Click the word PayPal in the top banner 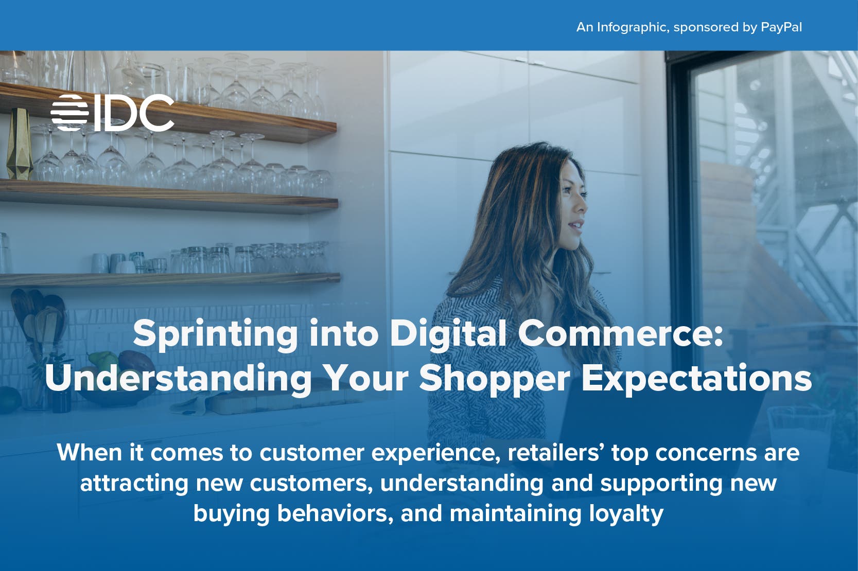click(781, 27)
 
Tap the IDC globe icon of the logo click(69, 113)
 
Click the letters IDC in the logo click(134, 113)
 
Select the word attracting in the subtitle click(134, 484)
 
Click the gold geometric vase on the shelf click(19, 144)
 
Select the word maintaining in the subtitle click(515, 513)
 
